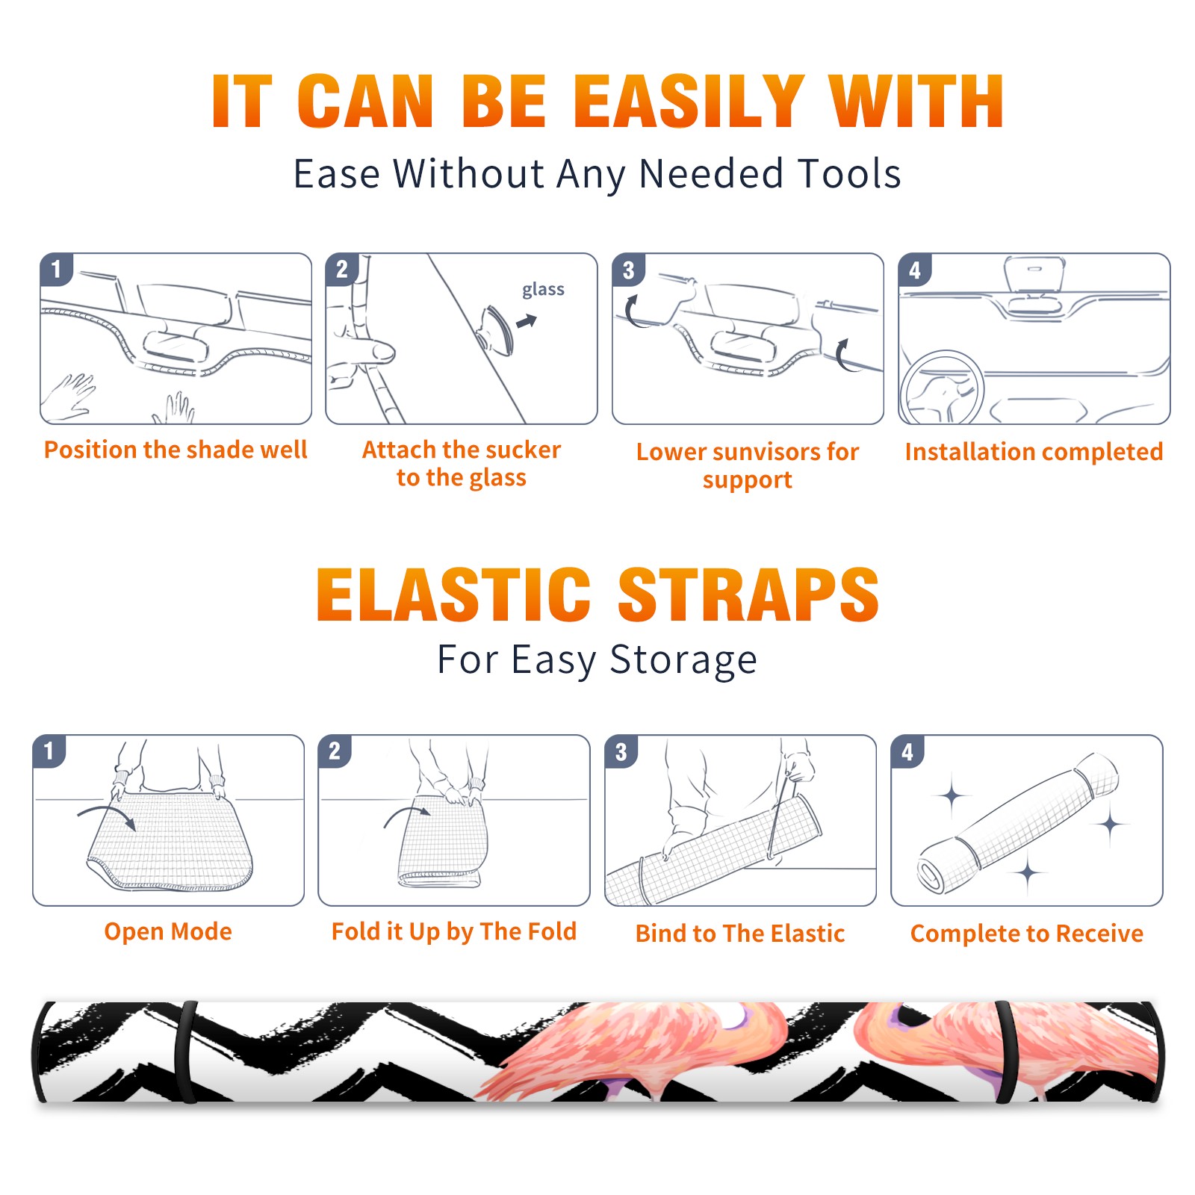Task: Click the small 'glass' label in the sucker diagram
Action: (543, 290)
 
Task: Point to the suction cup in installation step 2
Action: (497, 329)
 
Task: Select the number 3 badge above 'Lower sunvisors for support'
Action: (628, 270)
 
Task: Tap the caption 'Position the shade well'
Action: (176, 450)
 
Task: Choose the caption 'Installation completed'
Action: (1034, 452)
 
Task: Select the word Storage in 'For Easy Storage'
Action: (683, 660)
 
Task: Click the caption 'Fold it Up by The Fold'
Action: (454, 931)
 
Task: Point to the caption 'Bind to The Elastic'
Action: (740, 934)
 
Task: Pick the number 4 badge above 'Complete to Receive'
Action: (907, 751)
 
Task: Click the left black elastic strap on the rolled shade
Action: (185, 1052)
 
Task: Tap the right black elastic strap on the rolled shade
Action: (1006, 1052)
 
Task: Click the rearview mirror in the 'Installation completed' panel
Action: (1034, 275)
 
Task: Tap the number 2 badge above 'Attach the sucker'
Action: (342, 270)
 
